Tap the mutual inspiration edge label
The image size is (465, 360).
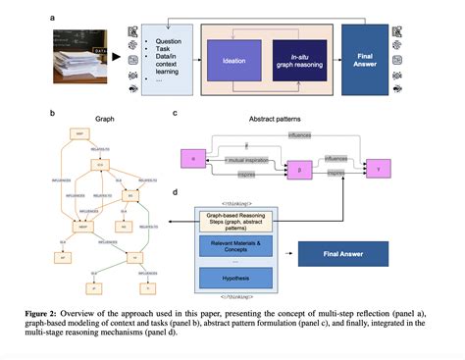247,159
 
